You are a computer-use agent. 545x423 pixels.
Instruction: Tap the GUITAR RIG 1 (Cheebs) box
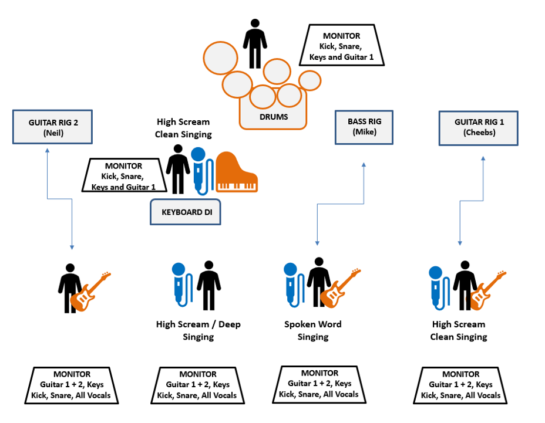(479, 127)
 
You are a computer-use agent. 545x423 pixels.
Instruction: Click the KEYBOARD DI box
(185, 212)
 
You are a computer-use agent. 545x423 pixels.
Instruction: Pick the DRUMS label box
(274, 117)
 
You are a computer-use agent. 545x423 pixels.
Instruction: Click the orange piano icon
(237, 172)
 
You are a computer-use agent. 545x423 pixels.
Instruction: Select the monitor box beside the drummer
(342, 45)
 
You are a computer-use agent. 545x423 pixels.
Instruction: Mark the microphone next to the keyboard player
(200, 170)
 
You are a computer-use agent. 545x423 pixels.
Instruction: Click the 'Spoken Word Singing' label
(312, 330)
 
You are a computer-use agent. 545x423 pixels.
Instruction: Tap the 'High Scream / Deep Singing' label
(198, 330)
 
